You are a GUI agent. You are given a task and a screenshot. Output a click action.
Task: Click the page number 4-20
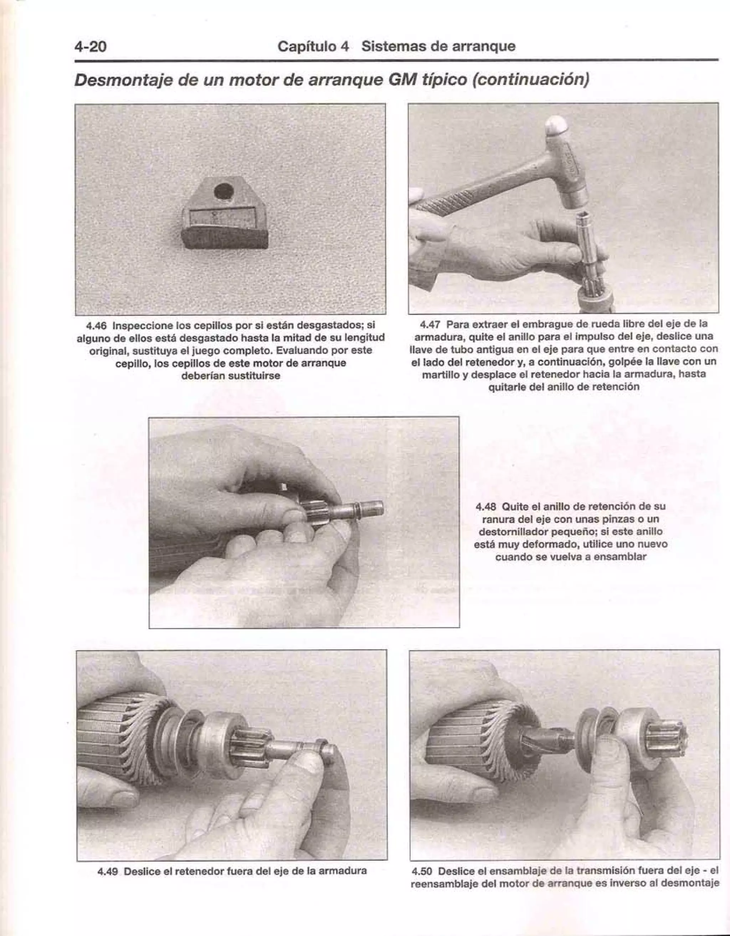(x=90, y=46)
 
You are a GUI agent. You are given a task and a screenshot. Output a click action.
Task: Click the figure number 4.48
(x=486, y=507)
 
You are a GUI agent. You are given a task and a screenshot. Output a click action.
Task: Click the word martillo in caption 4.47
(x=445, y=374)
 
